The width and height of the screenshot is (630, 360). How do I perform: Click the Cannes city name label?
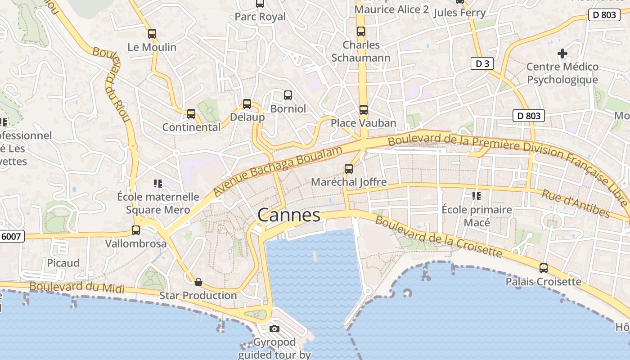pos(289,215)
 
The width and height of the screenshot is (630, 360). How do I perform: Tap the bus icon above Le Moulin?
pos(152,33)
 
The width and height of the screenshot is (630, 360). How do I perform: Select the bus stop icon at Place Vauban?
pos(364,109)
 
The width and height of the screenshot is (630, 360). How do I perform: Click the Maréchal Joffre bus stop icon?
pos(349,169)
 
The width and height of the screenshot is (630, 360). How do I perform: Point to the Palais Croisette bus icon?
pos(544,268)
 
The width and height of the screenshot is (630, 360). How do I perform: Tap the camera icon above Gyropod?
pos(274,329)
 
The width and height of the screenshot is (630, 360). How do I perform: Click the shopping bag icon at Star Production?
pos(198,282)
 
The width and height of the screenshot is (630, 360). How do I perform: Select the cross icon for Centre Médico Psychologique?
pos(562,54)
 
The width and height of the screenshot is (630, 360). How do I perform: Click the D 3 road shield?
pos(482,63)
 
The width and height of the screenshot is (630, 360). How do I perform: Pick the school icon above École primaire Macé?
pos(477,196)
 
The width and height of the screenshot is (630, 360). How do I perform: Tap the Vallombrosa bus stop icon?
pos(136,230)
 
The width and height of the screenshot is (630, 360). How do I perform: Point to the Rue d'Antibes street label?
pos(575,203)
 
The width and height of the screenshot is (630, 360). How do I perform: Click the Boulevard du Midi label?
pos(76,287)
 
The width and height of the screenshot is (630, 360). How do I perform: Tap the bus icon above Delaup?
pos(247,104)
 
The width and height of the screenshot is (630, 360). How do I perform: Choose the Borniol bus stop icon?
pos(288,95)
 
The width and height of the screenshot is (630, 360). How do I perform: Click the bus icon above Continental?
pos(191,114)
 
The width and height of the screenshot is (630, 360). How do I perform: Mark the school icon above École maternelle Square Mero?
pos(158,183)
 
